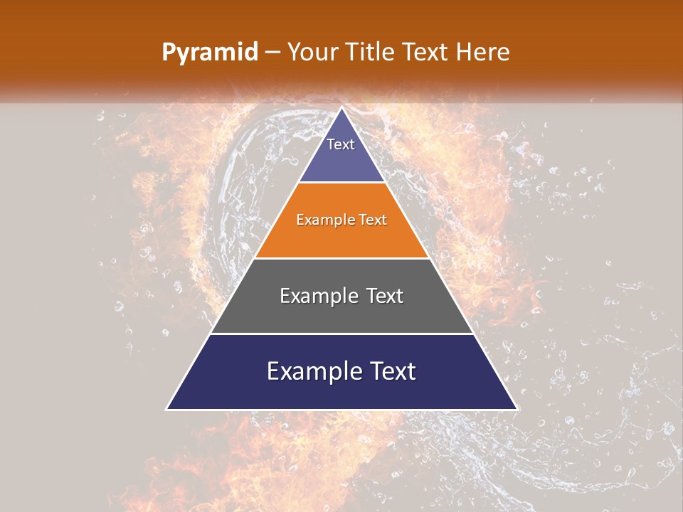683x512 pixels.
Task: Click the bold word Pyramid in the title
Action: click(210, 53)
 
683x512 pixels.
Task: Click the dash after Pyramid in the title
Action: click(272, 53)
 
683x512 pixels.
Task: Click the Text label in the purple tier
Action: click(341, 144)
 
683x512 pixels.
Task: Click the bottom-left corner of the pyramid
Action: click(167, 409)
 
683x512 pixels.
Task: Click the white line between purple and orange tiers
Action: click(341, 183)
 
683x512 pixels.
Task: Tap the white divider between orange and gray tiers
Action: click(341, 258)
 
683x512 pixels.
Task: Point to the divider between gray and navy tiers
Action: click(341, 334)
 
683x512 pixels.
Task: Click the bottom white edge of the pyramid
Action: click(341, 410)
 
